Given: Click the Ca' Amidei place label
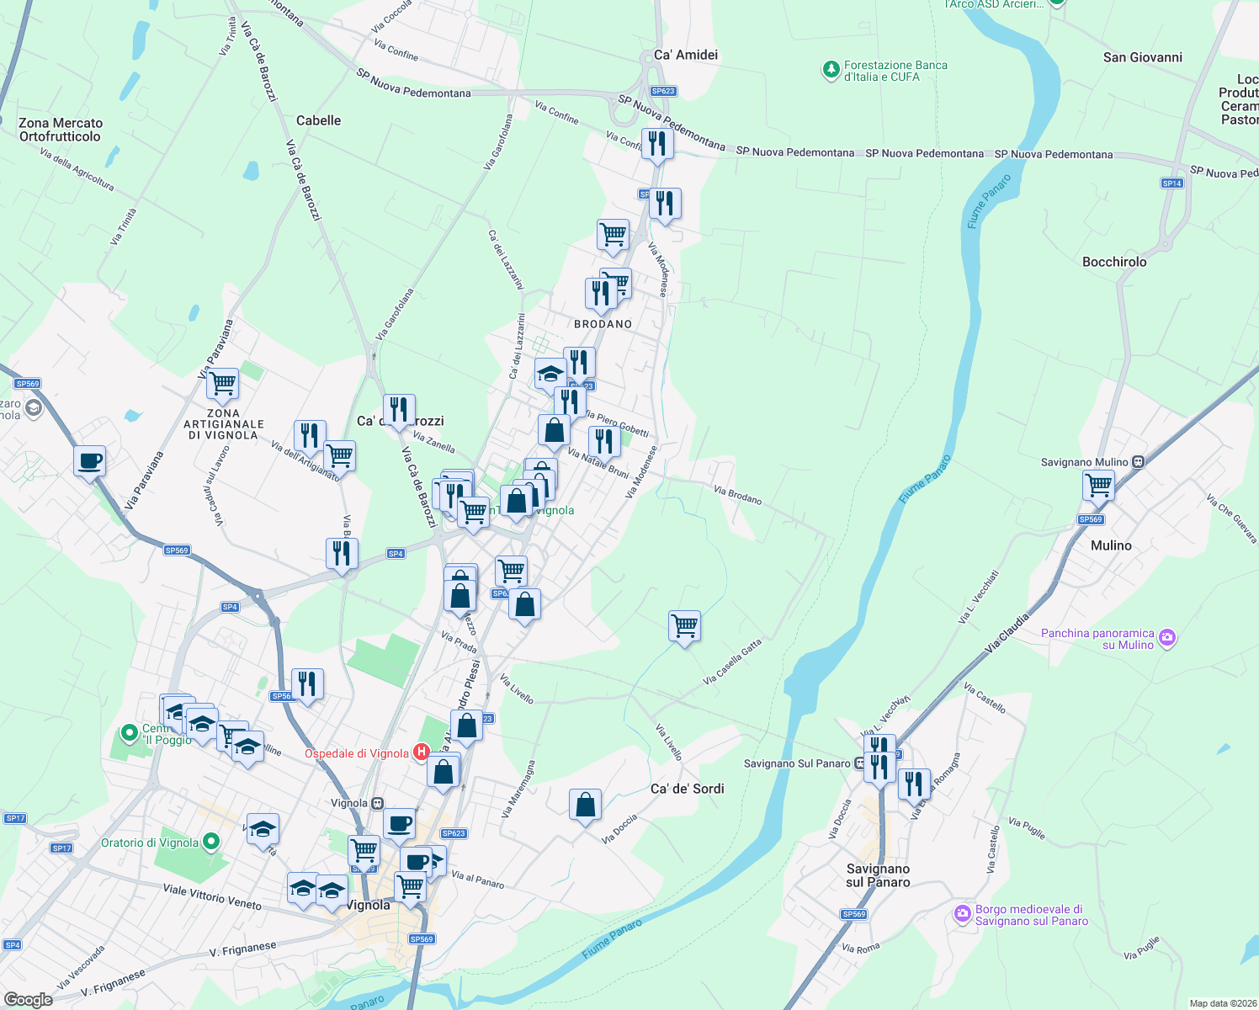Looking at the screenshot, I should pyautogui.click(x=686, y=55).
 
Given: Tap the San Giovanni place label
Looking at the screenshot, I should pyautogui.click(x=1142, y=57).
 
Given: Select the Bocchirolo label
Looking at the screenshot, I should pyautogui.click(x=1114, y=262).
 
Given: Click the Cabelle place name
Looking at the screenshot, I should pyautogui.click(x=318, y=120).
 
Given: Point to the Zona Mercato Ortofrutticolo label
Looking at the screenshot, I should pyautogui.click(x=60, y=130).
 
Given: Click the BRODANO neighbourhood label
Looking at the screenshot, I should pyautogui.click(x=603, y=324).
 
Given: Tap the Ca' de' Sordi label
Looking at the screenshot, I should pyautogui.click(x=687, y=789).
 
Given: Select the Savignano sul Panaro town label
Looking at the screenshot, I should pyautogui.click(x=878, y=875).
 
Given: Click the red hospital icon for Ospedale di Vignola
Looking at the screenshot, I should pyautogui.click(x=421, y=752).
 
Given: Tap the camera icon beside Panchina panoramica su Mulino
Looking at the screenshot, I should pyautogui.click(x=1166, y=638).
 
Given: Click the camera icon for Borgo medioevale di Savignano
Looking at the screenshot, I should pyautogui.click(x=963, y=914).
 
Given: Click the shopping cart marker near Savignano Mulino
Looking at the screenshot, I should pyautogui.click(x=1098, y=485).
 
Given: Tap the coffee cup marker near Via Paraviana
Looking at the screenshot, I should pyautogui.click(x=89, y=461).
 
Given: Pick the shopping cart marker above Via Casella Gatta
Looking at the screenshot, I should pyautogui.click(x=684, y=625).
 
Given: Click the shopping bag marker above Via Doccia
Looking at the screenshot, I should pyautogui.click(x=585, y=805).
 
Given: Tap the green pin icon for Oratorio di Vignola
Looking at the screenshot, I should pyautogui.click(x=211, y=841).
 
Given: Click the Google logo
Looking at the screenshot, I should pyautogui.click(x=28, y=999).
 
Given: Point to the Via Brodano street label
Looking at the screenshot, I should pyautogui.click(x=737, y=495).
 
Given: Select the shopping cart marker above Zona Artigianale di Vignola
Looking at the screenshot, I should pyautogui.click(x=222, y=383).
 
